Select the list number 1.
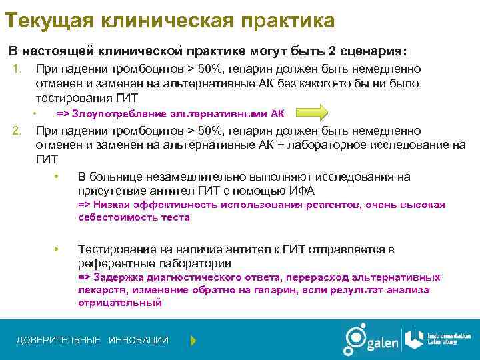pos(19,69)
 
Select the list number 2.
pos(19,131)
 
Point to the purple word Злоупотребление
pos(113,113)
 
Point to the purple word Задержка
pos(116,277)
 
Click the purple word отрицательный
pos(120,302)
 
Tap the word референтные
pos(114,262)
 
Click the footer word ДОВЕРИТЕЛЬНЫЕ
pos(59,341)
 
